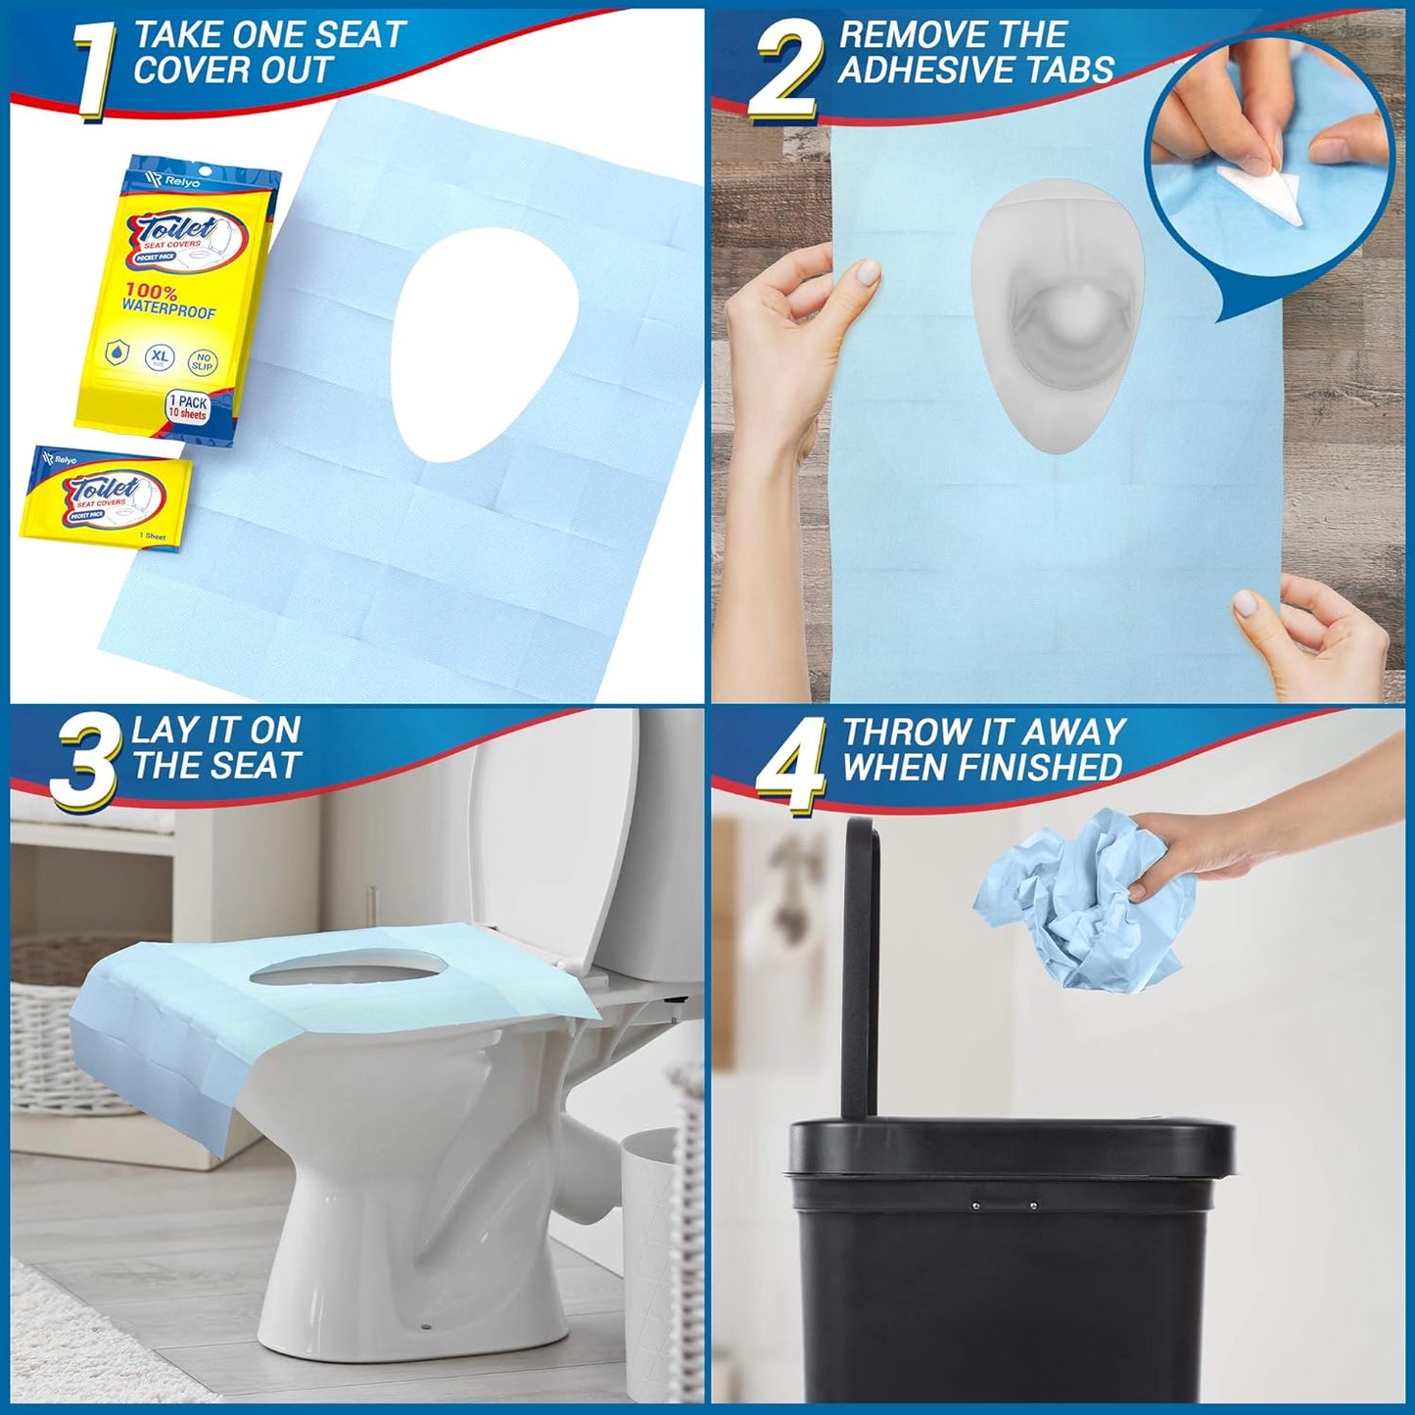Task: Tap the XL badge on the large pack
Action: coord(161,358)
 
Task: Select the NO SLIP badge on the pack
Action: coord(204,362)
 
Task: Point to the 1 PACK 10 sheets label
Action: coord(188,407)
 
